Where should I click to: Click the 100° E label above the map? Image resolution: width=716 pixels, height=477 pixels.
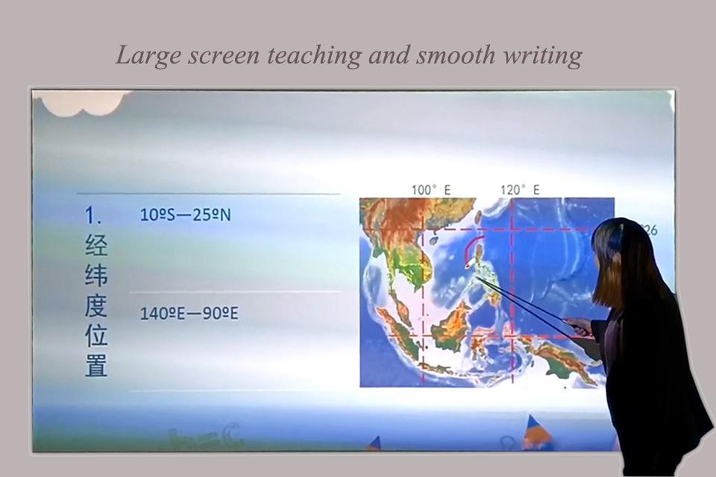(x=431, y=190)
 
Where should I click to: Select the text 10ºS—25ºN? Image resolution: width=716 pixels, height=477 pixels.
(x=186, y=215)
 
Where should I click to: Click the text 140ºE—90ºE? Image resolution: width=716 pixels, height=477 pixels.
(x=189, y=313)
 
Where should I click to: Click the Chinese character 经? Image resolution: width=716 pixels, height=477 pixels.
(x=96, y=246)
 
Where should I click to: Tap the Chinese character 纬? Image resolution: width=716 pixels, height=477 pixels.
(x=96, y=276)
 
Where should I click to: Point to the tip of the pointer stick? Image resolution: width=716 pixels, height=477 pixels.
(x=478, y=279)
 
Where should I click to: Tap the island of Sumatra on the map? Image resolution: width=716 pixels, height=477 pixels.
(x=395, y=328)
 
